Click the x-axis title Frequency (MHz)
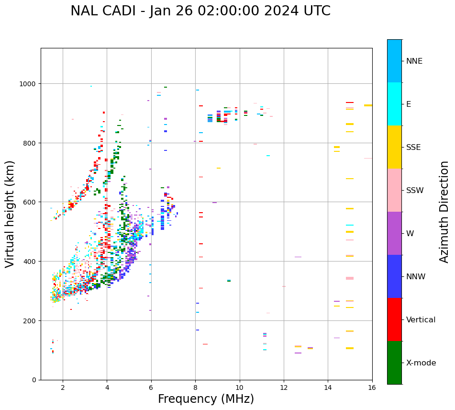pos(206,399)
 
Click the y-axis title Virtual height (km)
pos(11,214)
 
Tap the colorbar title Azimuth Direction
pos(444,212)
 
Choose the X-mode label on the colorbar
pos(421,363)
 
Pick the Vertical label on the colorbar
pos(421,320)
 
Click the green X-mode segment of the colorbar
pos(394,363)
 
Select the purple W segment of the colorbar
pos(394,233)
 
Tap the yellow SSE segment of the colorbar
pos(394,147)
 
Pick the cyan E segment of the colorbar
pos(394,104)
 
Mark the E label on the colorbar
pos(409,104)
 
